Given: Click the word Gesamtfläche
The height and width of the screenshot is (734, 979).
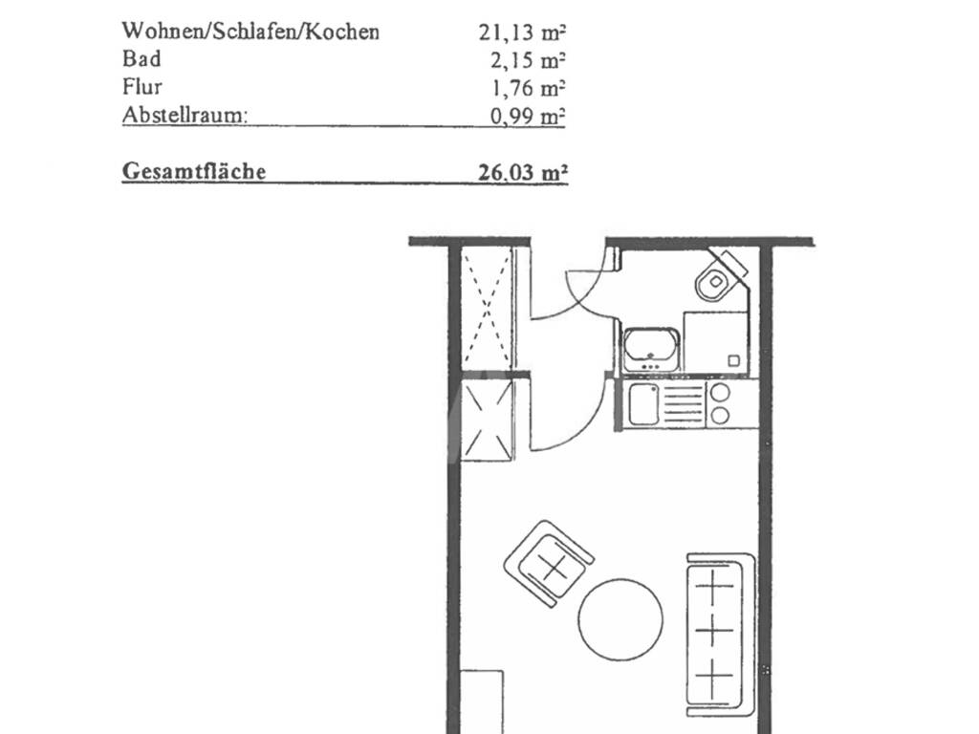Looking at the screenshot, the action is click(x=194, y=172).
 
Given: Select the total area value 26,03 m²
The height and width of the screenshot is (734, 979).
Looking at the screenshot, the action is click(x=523, y=172).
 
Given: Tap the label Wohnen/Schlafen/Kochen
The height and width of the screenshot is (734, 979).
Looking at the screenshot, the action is click(x=250, y=32).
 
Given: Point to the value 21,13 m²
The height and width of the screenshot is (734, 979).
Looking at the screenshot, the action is click(x=522, y=32).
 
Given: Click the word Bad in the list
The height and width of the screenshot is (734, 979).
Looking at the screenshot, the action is click(x=141, y=58).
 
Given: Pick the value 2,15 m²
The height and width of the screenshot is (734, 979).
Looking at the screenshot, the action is click(x=528, y=60).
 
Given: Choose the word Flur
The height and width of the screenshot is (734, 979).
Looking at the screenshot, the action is click(x=141, y=86).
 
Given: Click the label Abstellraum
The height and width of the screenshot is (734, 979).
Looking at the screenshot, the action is click(x=185, y=115).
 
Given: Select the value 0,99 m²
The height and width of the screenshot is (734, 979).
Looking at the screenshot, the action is click(x=528, y=116).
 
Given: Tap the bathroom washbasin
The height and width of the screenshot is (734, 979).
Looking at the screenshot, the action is click(x=650, y=349).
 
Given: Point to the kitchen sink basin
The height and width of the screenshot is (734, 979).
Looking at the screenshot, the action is click(x=643, y=404).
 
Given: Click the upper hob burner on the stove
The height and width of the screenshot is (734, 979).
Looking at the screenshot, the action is click(x=720, y=392).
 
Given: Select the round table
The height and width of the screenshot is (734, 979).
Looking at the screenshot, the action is click(x=620, y=619).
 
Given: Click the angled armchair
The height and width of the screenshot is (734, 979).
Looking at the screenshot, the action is click(x=548, y=563).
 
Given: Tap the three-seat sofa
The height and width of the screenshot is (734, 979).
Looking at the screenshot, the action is click(x=721, y=634).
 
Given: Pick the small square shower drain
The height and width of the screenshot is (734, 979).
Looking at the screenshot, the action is click(x=734, y=360).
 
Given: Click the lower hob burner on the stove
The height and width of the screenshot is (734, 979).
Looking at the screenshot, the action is click(x=720, y=415).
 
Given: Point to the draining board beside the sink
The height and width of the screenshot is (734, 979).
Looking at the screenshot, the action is click(x=683, y=404).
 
